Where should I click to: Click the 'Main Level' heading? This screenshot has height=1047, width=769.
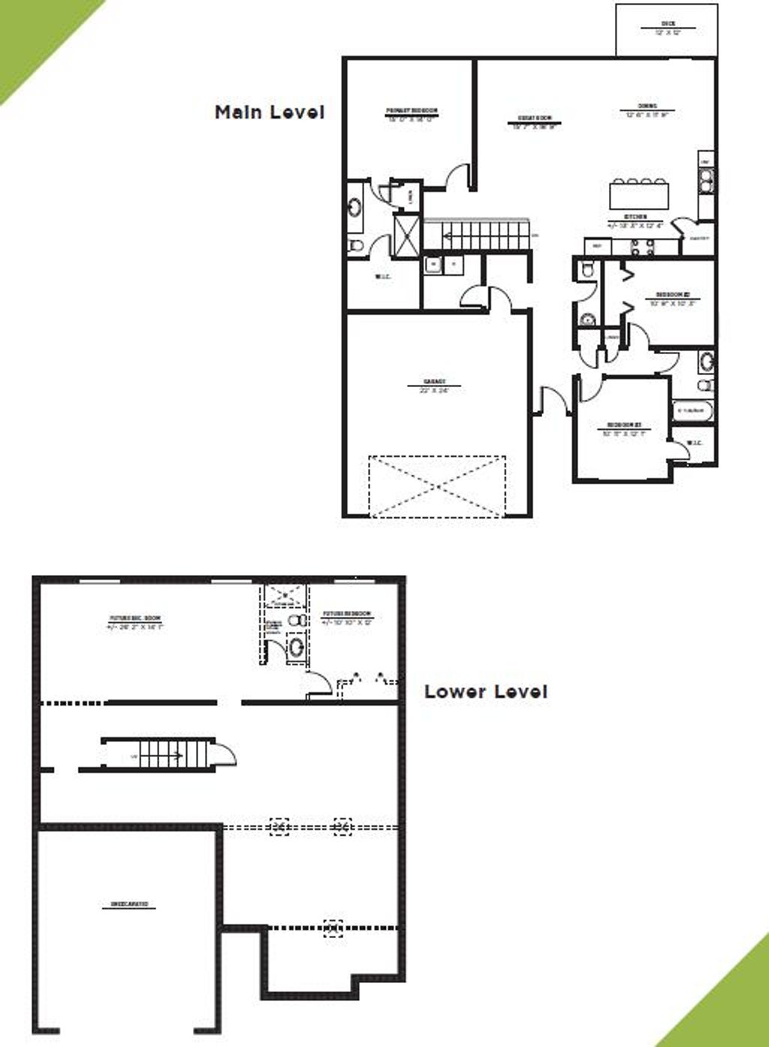click(270, 113)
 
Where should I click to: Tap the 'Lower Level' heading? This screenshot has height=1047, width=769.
click(485, 691)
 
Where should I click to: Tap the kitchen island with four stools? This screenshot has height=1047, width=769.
click(638, 196)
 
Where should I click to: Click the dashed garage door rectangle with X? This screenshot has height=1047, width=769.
click(437, 486)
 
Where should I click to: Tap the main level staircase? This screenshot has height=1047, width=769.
click(476, 235)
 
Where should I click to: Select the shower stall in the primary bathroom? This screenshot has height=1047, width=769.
click(407, 235)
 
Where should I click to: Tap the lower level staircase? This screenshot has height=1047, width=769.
click(158, 754)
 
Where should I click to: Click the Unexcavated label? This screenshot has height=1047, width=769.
click(129, 904)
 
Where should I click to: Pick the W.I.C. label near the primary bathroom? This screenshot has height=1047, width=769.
click(383, 277)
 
